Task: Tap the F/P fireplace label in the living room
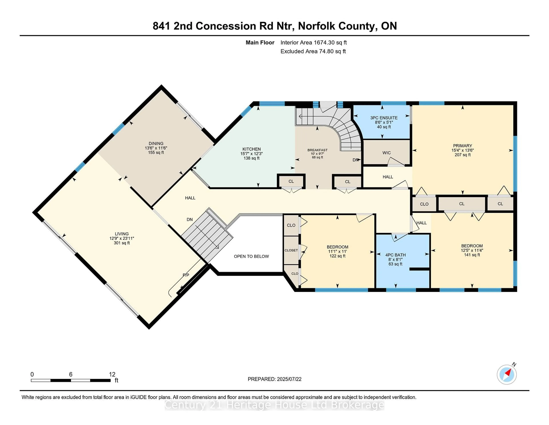coord(186,275)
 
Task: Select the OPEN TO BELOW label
coord(251,256)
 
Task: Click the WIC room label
coord(386,153)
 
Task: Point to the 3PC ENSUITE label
coord(384,118)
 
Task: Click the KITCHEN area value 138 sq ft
coord(251,158)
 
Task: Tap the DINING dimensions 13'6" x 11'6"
coord(156,148)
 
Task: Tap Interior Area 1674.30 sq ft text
coord(314,43)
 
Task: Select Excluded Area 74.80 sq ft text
coord(313,51)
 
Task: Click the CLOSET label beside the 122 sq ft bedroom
coord(291,250)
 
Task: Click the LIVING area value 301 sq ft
coord(122,243)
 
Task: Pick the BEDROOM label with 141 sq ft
coord(472,246)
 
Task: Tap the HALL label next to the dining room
coord(190,198)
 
